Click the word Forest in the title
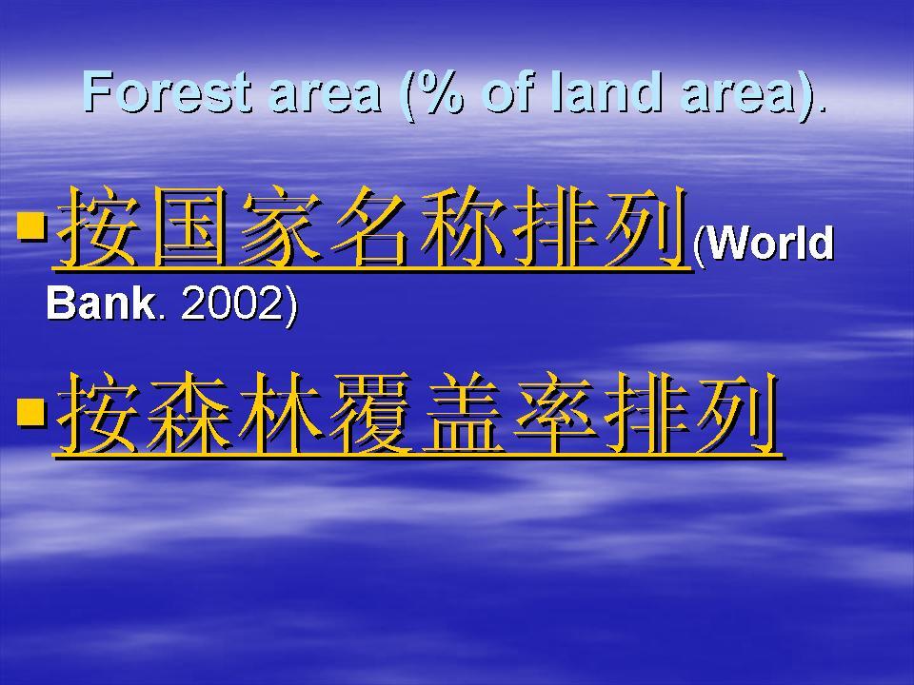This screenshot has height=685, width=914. tap(168, 91)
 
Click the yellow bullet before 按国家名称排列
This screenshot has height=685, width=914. tap(31, 226)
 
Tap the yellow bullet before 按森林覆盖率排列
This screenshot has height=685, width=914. tap(31, 412)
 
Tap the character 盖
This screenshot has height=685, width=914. tap(465, 414)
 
